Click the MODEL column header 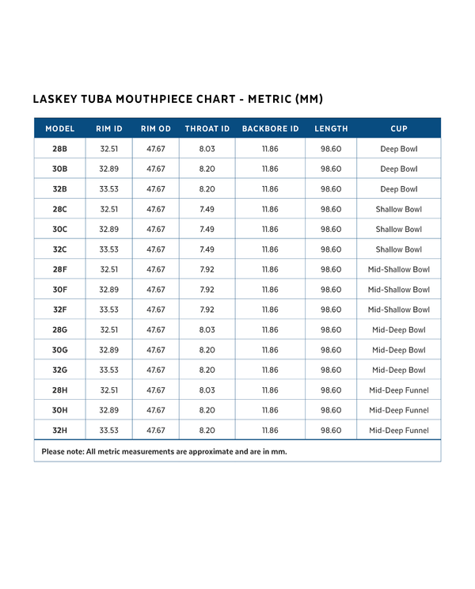tap(60, 128)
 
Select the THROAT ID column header tap(207, 128)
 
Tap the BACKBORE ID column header tap(270, 128)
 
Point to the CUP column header tap(398, 128)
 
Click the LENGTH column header tap(331, 128)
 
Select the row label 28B tap(60, 149)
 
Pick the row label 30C tap(60, 229)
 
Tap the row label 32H tap(60, 431)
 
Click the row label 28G tap(60, 329)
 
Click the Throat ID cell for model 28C tap(207, 209)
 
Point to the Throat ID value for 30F tap(207, 290)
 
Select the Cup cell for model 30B tap(398, 169)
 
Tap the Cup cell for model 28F tap(398, 269)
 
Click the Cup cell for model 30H tap(398, 410)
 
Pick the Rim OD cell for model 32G tap(156, 370)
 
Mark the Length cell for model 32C tap(331, 249)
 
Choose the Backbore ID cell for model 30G tap(270, 350)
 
